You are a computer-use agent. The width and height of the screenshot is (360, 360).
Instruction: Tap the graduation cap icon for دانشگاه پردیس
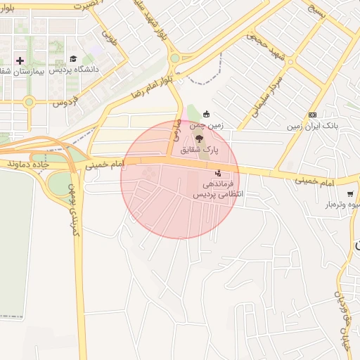(73, 59)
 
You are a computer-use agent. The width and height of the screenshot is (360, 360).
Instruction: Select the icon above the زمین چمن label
(206, 114)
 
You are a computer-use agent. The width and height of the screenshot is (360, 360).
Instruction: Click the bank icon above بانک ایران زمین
(313, 115)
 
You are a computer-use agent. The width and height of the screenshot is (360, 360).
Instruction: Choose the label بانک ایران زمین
(312, 127)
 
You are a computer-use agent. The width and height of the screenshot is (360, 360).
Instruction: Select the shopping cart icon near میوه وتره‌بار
(349, 194)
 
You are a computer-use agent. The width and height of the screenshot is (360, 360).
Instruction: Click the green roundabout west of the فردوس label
(29, 102)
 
